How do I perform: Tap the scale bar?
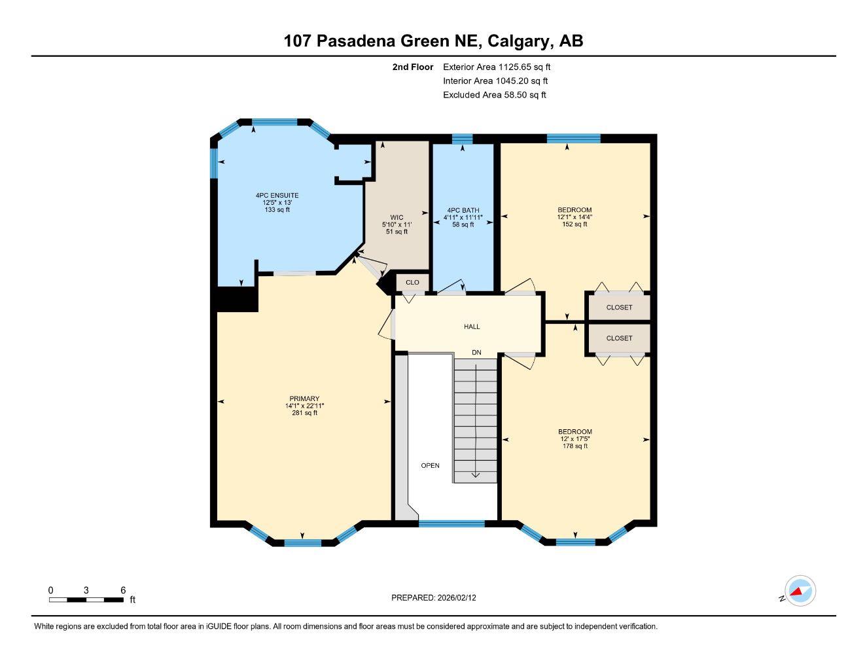86,599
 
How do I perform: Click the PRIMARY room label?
304,398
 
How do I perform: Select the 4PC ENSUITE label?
277,195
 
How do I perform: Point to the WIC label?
397,217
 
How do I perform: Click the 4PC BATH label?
463,210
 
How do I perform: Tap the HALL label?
472,326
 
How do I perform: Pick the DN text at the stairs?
476,353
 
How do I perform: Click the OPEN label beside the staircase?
430,466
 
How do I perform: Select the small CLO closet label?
412,283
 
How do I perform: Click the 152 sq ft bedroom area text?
575,224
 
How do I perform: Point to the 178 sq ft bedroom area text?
575,446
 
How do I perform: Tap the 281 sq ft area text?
304,413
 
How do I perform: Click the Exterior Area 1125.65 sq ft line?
497,67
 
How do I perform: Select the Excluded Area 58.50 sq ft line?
494,95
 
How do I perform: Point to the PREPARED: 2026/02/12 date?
438,597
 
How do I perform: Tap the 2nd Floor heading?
412,67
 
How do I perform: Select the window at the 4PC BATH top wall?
462,138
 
